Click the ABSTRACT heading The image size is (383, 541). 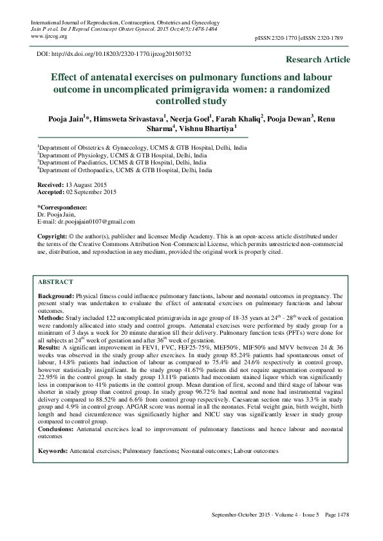[x=55, y=282]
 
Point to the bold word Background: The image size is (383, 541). [x=56, y=296]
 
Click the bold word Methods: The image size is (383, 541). [x=51, y=317]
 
